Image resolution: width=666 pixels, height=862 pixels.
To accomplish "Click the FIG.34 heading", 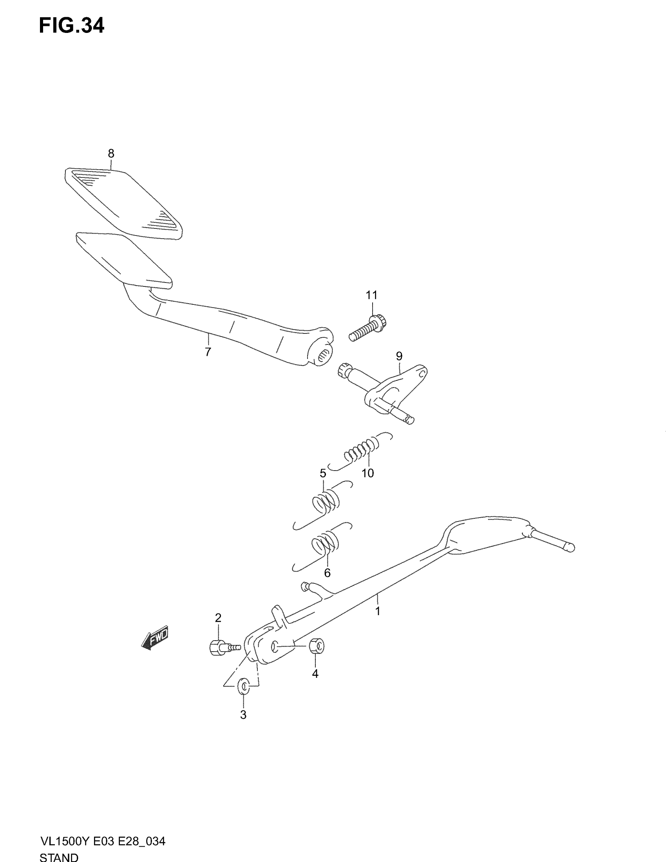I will click(71, 26).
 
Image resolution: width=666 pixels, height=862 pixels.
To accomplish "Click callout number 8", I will click(111, 154).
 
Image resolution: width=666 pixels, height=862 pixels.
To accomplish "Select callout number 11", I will click(372, 295).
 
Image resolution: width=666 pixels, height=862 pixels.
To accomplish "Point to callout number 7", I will click(208, 351).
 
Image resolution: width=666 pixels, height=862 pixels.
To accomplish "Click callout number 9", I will click(399, 356).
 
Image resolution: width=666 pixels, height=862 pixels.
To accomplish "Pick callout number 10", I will click(368, 473).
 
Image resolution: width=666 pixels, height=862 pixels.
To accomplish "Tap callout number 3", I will click(243, 714).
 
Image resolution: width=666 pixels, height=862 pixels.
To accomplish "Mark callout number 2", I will click(218, 618).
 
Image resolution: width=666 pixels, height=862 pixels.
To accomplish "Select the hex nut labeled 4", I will click(317, 646).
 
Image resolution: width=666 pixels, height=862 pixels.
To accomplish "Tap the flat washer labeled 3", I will click(243, 686).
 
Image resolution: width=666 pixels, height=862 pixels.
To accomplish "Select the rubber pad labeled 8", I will click(123, 204).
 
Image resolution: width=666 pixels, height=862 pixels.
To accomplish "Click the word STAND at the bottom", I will click(59, 857).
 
